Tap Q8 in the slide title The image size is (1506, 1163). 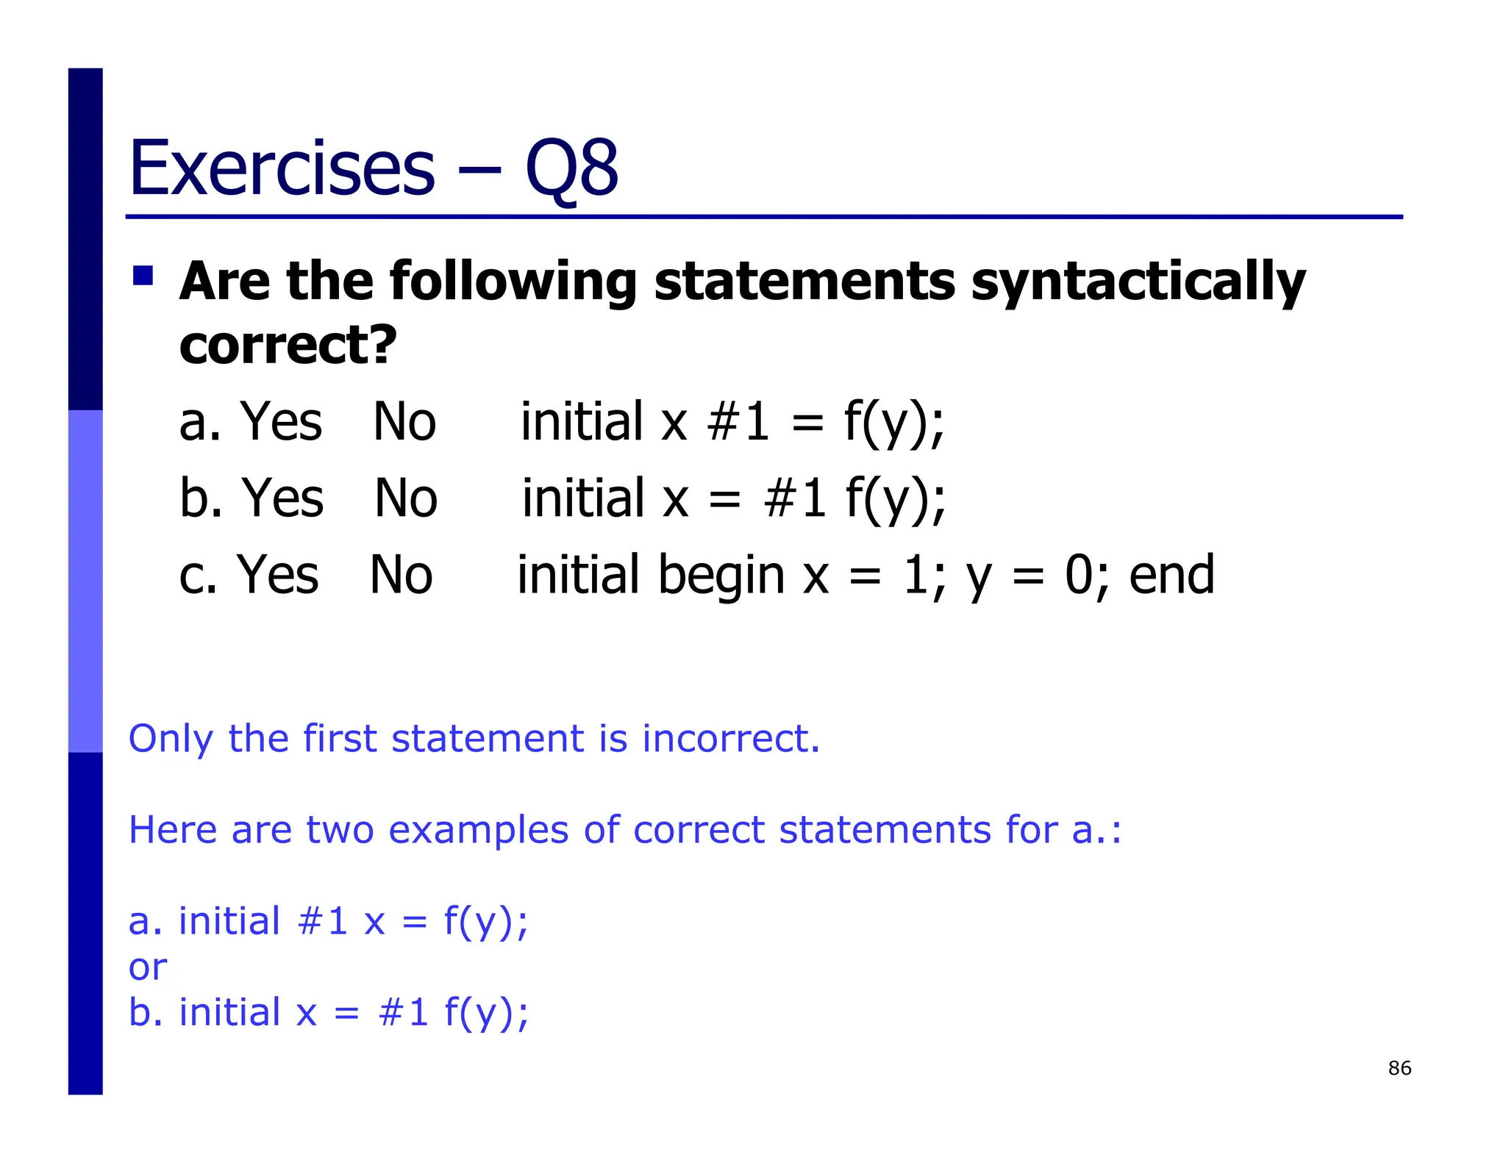coord(571,170)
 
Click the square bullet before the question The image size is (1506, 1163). coord(143,276)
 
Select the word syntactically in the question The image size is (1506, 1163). coord(1138,283)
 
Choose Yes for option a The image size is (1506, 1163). coord(282,422)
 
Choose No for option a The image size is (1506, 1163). coord(404,422)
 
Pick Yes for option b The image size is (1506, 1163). coord(283,498)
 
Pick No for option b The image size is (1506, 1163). coord(406,498)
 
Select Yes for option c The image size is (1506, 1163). coord(278,575)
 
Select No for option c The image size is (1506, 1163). coord(401,575)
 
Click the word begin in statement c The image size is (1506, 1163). coord(721,575)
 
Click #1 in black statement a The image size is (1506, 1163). coord(738,422)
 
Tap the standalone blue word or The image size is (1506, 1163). coord(147,967)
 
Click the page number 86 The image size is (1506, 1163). coord(1399,1068)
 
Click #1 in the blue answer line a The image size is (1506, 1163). coord(323,921)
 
